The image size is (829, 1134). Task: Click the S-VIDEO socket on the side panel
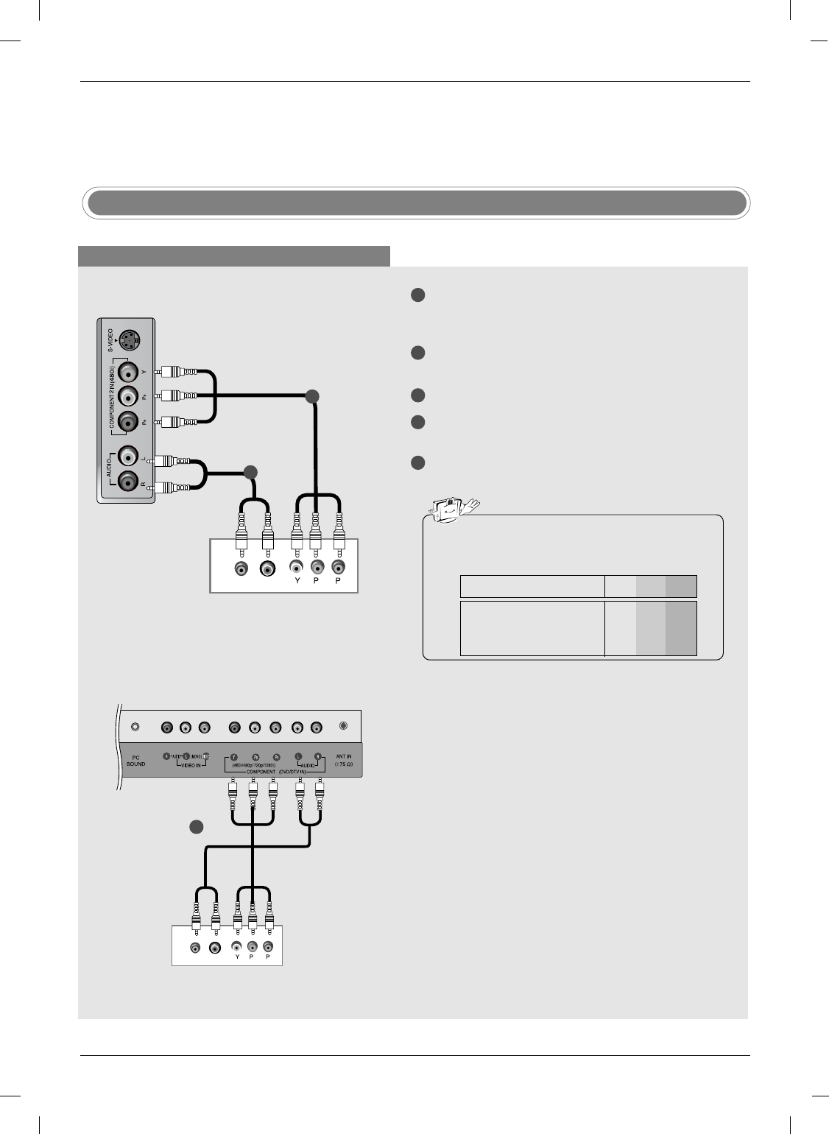[x=130, y=341]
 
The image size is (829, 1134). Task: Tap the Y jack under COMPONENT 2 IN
[x=129, y=372]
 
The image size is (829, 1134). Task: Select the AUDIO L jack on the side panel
[x=129, y=457]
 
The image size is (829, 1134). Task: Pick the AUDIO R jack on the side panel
[x=129, y=482]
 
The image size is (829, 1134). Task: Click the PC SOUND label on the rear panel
[x=136, y=761]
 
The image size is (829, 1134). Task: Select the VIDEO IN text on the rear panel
[x=186, y=766]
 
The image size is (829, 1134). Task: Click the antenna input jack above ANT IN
[x=343, y=726]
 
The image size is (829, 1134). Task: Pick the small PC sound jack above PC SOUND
[x=135, y=727]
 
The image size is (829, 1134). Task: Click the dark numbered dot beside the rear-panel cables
[x=196, y=826]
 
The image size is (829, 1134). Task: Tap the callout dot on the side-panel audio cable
[x=251, y=471]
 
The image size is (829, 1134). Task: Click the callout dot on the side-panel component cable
[x=312, y=396]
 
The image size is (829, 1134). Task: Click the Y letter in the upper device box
[x=297, y=580]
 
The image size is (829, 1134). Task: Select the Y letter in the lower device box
[x=237, y=957]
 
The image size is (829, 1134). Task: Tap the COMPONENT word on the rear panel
[x=261, y=772]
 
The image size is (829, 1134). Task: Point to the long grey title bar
[x=415, y=203]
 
